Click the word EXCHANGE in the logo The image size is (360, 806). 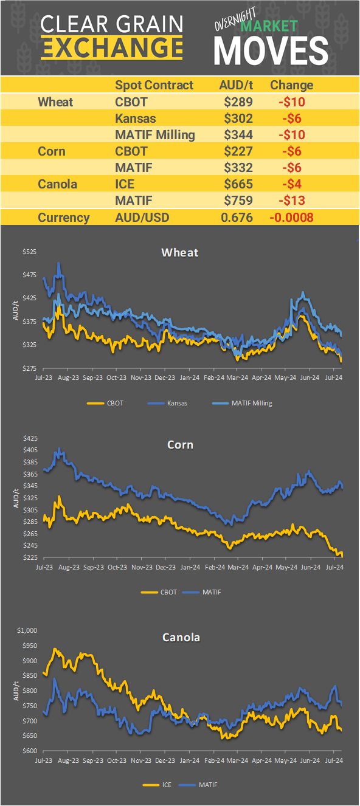click(x=112, y=47)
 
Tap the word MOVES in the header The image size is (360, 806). click(x=271, y=50)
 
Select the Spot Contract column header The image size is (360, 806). click(x=154, y=85)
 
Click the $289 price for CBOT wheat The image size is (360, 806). click(x=238, y=102)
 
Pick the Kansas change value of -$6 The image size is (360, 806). click(x=291, y=118)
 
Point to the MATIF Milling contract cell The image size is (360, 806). click(x=155, y=134)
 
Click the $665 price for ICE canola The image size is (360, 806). click(x=238, y=184)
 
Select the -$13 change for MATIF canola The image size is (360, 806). click(x=291, y=200)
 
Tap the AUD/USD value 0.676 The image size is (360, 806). click(x=237, y=218)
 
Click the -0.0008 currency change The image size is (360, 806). click(x=291, y=218)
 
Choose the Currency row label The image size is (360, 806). click(x=63, y=218)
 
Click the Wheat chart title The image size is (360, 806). click(x=179, y=252)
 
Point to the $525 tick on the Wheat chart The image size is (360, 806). click(x=29, y=252)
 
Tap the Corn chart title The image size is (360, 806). click(x=180, y=444)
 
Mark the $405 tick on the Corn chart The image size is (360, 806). click(x=29, y=450)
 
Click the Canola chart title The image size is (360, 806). click(x=181, y=637)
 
